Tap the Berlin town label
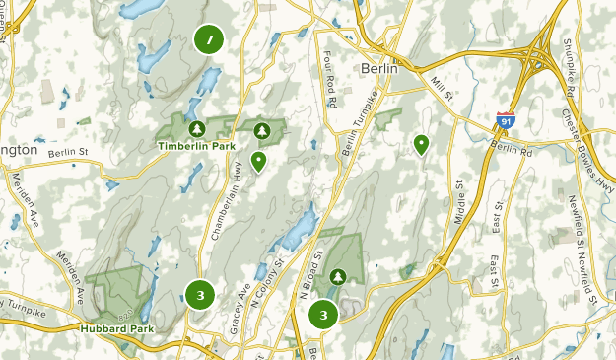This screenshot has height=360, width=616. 378,69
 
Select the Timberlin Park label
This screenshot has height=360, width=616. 196,145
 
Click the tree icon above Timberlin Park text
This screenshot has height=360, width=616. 196,128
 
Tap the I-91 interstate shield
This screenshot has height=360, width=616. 504,120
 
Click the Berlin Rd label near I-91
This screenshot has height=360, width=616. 512,147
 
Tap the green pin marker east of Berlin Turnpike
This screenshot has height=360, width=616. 422,145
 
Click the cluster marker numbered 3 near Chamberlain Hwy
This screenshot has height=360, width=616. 200,294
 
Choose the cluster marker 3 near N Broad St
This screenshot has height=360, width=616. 323,315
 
